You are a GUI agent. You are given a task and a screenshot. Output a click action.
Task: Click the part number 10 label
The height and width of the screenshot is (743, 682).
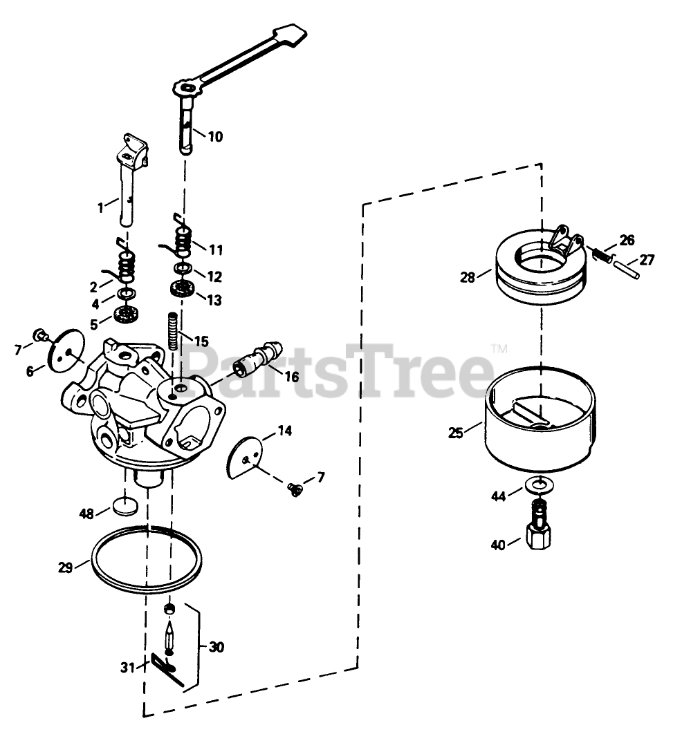pyautogui.click(x=215, y=137)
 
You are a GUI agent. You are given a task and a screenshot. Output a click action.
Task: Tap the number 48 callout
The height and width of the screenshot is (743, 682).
pyautogui.click(x=86, y=514)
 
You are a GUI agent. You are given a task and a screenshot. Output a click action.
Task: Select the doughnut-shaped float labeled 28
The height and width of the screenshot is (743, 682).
pyautogui.click(x=541, y=266)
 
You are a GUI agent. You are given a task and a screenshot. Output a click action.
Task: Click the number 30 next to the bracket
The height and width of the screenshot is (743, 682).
pyautogui.click(x=216, y=648)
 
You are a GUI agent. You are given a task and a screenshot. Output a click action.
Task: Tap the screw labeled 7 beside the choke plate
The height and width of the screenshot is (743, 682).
pyautogui.click(x=295, y=489)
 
